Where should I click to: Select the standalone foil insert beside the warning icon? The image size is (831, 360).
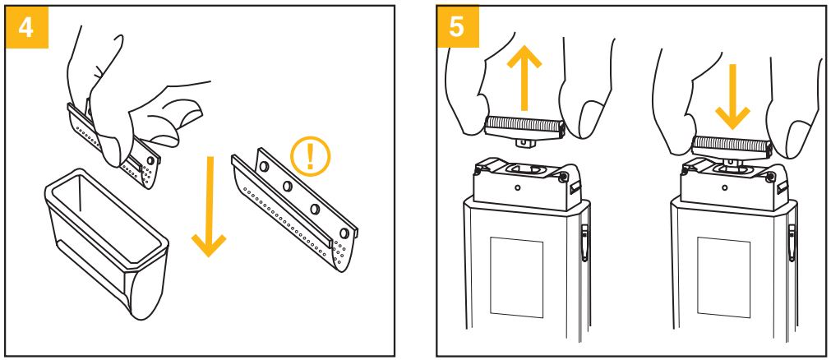click(x=292, y=210)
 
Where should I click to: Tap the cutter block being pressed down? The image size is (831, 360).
click(x=731, y=146)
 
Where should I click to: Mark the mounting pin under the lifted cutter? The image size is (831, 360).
click(x=523, y=143)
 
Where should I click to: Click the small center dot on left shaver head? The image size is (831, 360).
click(x=517, y=187)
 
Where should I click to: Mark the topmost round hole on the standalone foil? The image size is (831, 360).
click(x=265, y=166)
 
